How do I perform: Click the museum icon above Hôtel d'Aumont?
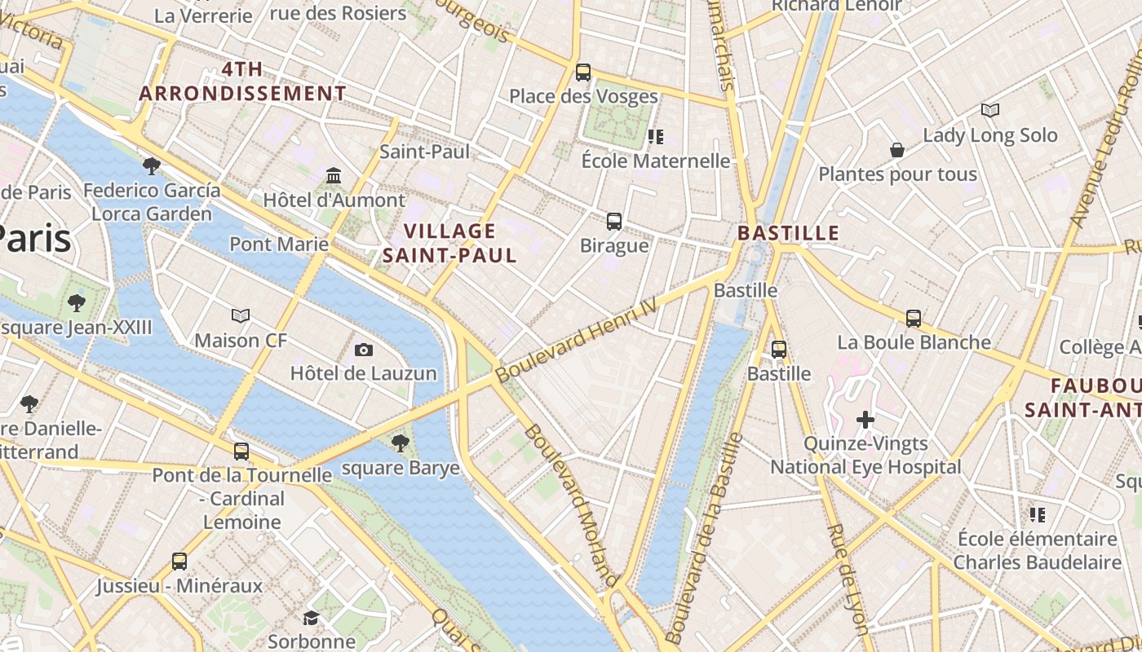coord(334,176)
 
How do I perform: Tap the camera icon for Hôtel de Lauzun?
coord(364,350)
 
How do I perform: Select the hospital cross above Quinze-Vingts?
coord(865,420)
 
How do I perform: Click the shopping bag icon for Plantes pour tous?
coord(897,150)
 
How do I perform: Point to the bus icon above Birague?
coord(614,221)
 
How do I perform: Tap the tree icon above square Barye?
coord(400,443)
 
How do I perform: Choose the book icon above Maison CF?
coord(241,315)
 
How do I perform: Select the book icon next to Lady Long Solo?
coord(990,110)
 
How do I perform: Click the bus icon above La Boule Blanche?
coord(914,318)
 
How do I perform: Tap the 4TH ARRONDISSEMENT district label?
coord(243,81)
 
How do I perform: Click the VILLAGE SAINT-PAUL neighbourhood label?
coord(450,243)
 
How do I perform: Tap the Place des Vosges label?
coord(583,96)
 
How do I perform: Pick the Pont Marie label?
coord(279,244)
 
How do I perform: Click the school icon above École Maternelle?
coord(655,136)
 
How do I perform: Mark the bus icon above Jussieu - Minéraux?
coord(179,561)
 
